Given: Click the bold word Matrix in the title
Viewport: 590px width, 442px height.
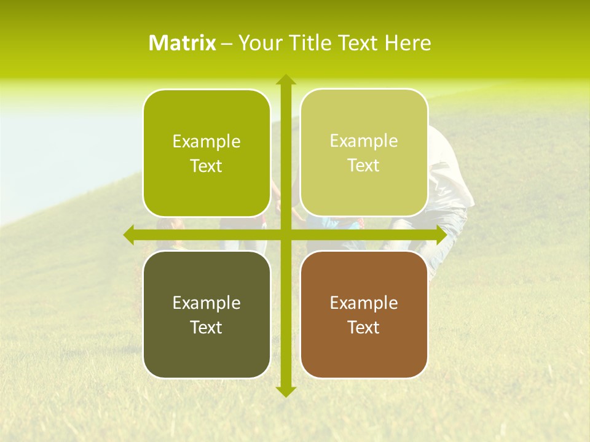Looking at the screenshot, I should (182, 43).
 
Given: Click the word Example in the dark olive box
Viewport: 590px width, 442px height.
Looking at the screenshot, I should (206, 303).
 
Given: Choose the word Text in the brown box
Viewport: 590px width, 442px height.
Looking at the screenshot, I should (363, 327).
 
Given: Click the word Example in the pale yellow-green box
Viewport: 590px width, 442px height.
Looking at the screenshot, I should (363, 141).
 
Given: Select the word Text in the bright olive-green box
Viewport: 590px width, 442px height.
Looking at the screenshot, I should (206, 166).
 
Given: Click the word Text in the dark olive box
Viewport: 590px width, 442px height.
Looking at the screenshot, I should (206, 327).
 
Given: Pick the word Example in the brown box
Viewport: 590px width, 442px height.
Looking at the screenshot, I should (363, 303).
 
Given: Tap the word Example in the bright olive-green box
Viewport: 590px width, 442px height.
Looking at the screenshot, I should (206, 142).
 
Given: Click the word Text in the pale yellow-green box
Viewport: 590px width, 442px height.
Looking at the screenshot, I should (363, 166).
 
